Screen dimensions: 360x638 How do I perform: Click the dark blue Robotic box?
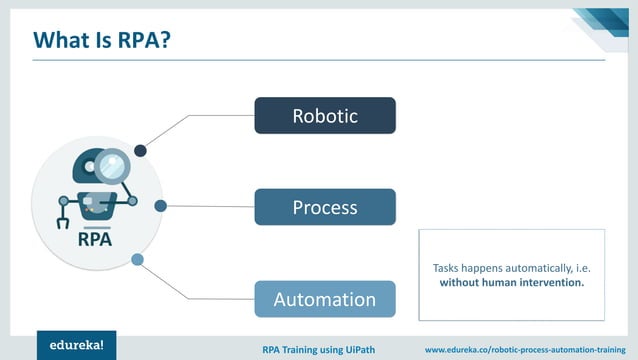[324, 116]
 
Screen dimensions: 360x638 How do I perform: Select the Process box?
[324, 207]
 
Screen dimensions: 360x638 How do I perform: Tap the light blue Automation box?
[324, 299]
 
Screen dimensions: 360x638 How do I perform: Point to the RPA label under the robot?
[95, 240]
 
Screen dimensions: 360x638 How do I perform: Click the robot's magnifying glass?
[113, 165]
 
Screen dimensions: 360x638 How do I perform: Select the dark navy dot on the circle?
[141, 151]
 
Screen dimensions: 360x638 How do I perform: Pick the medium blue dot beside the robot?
[160, 206]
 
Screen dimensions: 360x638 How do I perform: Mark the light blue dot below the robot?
[138, 260]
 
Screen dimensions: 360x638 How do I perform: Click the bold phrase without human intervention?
[511, 283]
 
